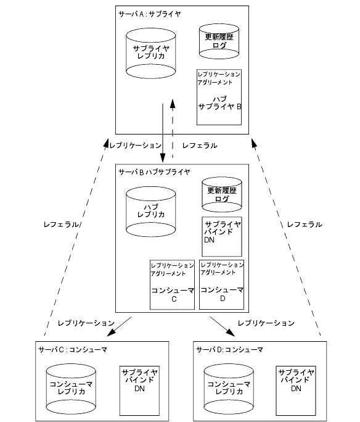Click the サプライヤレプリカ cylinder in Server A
(x=151, y=53)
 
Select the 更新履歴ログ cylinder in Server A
(x=219, y=41)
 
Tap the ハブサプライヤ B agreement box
(x=219, y=97)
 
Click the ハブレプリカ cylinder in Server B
(x=151, y=212)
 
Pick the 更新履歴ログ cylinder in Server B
(x=222, y=194)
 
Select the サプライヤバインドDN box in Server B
(x=222, y=236)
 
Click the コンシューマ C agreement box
(x=172, y=285)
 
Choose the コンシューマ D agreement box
(x=221, y=284)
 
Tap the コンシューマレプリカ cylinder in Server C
(x=71, y=389)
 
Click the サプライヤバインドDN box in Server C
(x=139, y=391)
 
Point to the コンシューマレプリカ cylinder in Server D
(x=229, y=389)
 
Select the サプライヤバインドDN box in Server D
(x=296, y=391)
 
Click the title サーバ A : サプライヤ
(x=150, y=14)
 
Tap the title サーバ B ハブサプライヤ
(x=154, y=172)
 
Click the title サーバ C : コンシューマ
(x=73, y=350)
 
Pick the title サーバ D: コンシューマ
(x=229, y=350)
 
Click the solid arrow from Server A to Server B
(x=163, y=133)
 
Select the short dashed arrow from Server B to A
(x=173, y=129)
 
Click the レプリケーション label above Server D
(x=266, y=323)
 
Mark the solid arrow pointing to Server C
(x=119, y=326)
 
